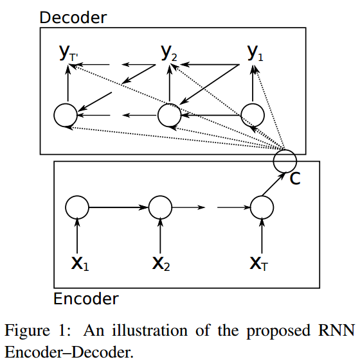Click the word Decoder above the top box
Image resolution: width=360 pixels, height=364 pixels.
[73, 17]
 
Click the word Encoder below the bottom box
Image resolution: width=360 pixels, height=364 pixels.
[86, 299]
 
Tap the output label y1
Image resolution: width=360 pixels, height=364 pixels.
[255, 53]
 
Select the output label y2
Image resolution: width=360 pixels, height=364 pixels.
[169, 53]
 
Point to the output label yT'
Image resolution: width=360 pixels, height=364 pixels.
[69, 53]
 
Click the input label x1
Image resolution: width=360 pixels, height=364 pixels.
[80, 264]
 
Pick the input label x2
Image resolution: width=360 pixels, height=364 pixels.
[161, 264]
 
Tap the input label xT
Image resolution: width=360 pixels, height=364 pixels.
[258, 264]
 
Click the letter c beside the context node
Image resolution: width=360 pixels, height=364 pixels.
[295, 178]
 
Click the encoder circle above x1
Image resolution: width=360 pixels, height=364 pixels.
[66, 207]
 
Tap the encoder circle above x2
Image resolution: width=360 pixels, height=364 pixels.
[148, 207]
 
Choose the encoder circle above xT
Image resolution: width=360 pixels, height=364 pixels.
[250, 207]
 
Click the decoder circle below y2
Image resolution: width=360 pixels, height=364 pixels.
[158, 115]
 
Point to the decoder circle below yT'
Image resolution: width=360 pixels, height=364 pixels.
[54, 115]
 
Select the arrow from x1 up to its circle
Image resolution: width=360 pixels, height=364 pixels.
[77, 236]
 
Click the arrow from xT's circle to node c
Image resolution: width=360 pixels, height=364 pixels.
[274, 184]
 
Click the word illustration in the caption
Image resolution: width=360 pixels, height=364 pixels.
[150, 330]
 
